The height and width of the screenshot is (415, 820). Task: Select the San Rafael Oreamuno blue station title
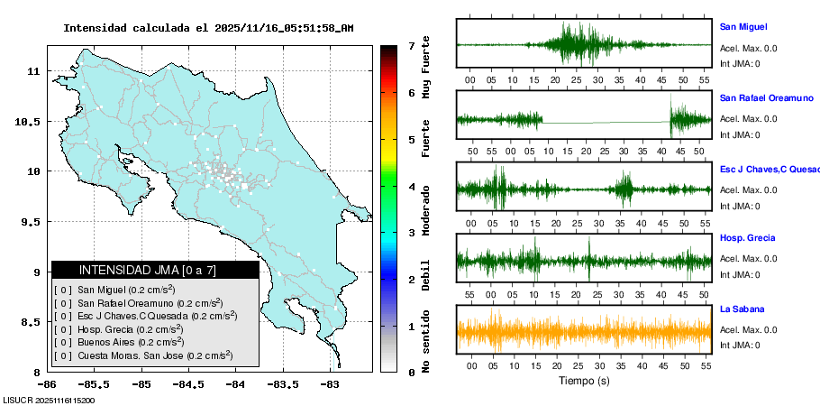pyautogui.click(x=766, y=97)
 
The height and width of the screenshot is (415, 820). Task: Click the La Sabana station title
pyautogui.click(x=741, y=309)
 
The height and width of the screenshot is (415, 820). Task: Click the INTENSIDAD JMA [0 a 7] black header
pyautogui.click(x=155, y=270)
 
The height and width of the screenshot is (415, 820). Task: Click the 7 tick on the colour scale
pyautogui.click(x=411, y=45)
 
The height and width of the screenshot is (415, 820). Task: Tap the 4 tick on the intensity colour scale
pyautogui.click(x=411, y=187)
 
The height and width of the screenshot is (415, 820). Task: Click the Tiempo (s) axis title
pyautogui.click(x=584, y=381)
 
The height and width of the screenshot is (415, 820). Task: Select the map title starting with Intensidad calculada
pyautogui.click(x=208, y=28)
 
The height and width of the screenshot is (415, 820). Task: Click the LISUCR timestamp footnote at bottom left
pyautogui.click(x=50, y=400)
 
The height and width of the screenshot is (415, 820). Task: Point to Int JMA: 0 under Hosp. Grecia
pyautogui.click(x=739, y=275)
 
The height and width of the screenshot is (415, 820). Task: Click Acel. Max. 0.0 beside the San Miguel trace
pyautogui.click(x=748, y=48)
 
